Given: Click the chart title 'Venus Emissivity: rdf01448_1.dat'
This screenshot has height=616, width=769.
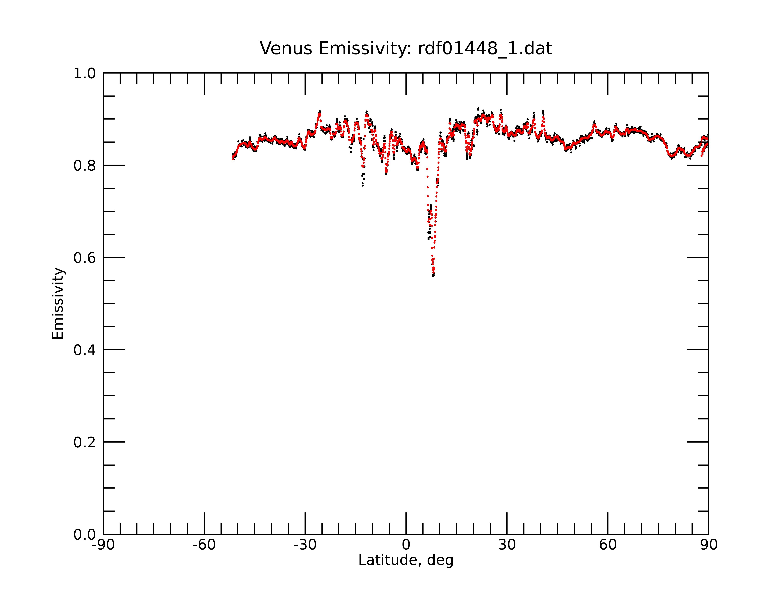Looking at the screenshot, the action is (406, 49).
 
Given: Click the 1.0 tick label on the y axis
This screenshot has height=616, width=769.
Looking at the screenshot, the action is (85, 74).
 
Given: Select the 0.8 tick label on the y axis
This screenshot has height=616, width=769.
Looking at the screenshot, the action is (85, 166).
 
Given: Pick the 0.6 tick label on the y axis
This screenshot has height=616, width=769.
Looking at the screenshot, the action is (85, 258).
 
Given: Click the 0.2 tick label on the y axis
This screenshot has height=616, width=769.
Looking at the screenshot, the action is (85, 442).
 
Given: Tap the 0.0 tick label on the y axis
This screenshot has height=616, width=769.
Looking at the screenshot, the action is (85, 535).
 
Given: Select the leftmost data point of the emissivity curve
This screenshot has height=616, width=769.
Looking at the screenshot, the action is (233, 159).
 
